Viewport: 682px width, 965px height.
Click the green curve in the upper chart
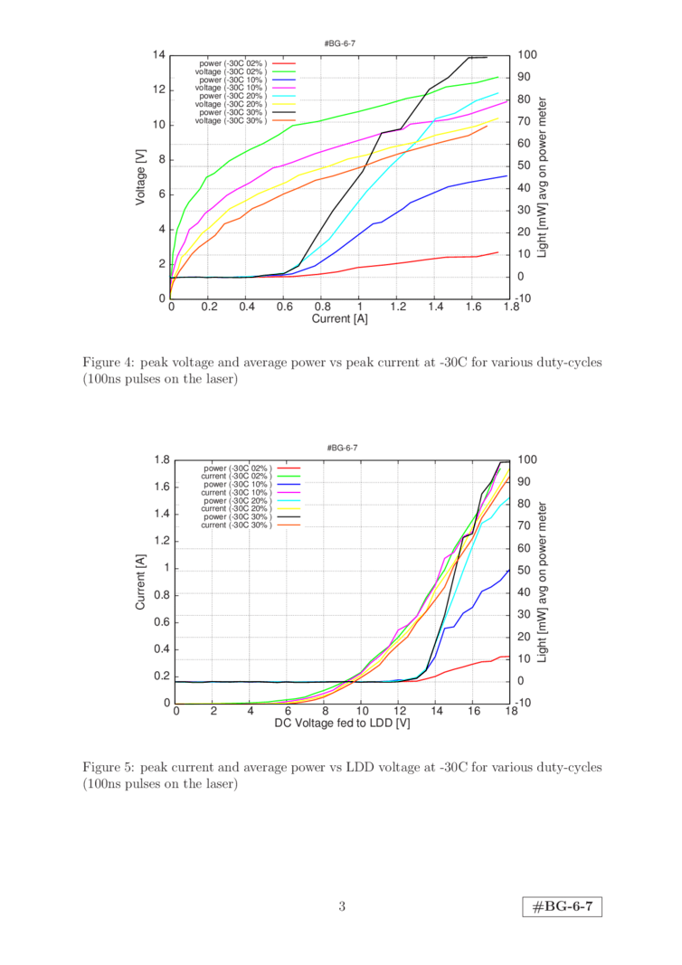click(362, 110)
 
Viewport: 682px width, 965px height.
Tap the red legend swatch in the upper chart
click(284, 63)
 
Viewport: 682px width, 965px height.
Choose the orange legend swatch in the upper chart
click(284, 120)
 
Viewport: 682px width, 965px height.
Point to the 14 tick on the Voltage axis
click(160, 55)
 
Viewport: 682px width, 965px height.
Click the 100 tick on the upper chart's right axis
click(524, 55)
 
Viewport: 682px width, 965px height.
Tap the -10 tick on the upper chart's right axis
click(524, 298)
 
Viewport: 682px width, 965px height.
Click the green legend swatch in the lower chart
click(288, 476)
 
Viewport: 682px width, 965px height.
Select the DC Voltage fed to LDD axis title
click(343, 724)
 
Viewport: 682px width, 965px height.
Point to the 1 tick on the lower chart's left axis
click(166, 568)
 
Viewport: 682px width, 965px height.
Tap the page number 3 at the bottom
click(342, 906)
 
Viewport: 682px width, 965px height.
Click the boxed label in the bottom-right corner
click(562, 907)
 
